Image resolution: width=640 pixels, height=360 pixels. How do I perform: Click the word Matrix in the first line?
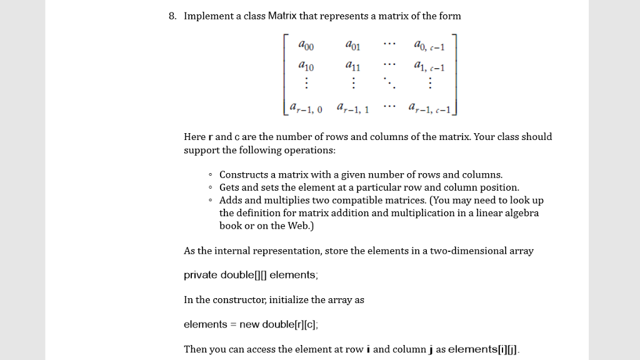286,16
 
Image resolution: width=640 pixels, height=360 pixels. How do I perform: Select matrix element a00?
307,45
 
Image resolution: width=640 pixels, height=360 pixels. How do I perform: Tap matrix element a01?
352,45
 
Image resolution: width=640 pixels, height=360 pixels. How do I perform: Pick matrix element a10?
307,66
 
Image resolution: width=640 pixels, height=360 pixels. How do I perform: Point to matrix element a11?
352,66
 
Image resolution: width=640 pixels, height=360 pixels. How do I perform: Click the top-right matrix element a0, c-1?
428,46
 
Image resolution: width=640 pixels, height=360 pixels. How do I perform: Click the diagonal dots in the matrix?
389,83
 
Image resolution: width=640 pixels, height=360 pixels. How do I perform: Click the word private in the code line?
199,275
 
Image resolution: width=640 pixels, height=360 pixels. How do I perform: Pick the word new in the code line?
249,324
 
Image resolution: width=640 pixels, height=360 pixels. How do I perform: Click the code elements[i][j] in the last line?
483,349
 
